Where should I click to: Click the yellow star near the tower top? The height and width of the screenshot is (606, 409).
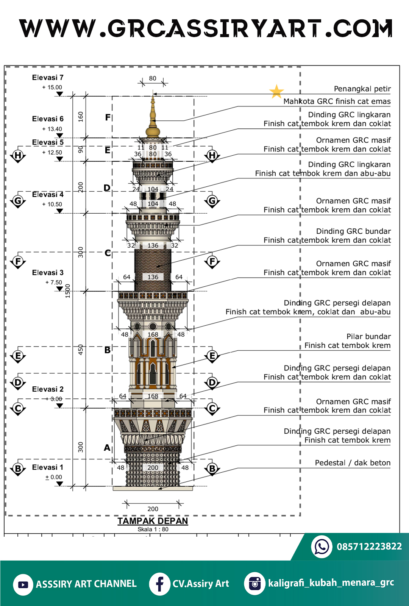276,91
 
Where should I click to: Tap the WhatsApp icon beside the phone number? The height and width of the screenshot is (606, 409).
322,547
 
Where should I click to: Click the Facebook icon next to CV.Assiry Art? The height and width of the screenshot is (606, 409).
159,584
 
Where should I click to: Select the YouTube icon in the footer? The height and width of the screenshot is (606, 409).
23,584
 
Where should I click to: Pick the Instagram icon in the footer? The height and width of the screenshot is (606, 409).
255,583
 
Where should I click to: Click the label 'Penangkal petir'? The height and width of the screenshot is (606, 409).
362,89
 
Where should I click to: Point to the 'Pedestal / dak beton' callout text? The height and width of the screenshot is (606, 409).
353,462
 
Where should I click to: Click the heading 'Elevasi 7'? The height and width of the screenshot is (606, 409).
48,77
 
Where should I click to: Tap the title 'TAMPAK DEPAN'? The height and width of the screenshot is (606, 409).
153,521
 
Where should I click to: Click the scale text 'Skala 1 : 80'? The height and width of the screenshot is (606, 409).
153,529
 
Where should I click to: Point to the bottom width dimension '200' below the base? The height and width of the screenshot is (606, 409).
153,509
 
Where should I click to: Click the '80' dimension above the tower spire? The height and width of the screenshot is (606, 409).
153,78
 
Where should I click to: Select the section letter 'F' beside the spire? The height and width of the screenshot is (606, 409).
108,117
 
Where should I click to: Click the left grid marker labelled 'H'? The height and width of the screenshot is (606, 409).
18,155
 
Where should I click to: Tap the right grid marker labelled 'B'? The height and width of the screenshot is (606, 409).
212,469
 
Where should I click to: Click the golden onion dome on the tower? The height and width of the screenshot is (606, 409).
153,131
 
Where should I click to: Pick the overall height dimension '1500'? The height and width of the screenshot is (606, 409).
68,291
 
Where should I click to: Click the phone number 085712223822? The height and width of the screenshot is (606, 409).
369,547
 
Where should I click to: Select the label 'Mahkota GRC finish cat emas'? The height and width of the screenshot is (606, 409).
337,101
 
